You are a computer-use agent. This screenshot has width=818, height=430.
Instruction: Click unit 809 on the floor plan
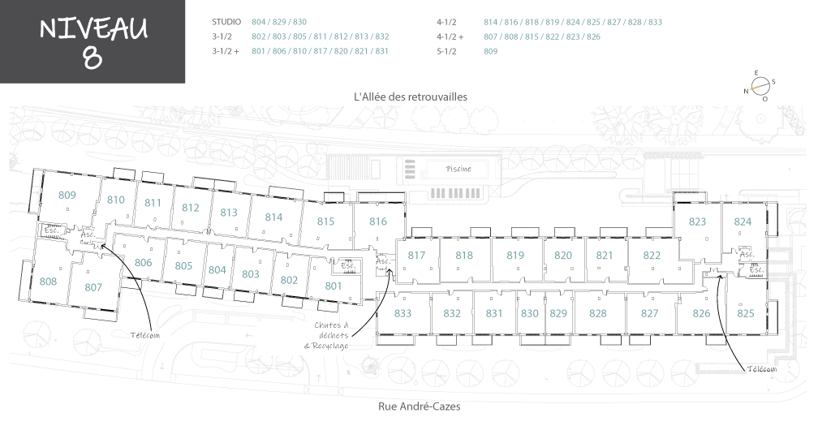click(x=67, y=196)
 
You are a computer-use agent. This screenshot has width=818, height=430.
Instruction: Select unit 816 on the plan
click(x=377, y=221)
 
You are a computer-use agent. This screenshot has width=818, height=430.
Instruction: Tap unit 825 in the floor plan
click(x=746, y=313)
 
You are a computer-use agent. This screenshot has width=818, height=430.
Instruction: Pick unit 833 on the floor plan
click(x=403, y=313)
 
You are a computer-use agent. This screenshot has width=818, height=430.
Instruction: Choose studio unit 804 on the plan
click(x=217, y=270)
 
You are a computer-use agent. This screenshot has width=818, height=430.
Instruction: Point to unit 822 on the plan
click(x=652, y=256)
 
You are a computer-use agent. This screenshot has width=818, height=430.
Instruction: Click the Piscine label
click(x=459, y=169)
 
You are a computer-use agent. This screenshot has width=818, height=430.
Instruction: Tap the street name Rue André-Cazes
click(x=420, y=406)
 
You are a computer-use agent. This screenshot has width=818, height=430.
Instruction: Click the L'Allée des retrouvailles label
click(x=411, y=97)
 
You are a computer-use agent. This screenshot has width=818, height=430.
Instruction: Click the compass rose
click(x=760, y=85)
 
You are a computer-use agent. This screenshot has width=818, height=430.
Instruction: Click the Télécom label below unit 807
click(x=145, y=335)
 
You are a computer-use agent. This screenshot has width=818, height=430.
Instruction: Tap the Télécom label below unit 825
click(x=762, y=369)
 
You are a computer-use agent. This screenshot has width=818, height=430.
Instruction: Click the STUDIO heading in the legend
click(x=226, y=22)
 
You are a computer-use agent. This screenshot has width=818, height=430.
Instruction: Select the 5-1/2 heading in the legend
click(x=446, y=51)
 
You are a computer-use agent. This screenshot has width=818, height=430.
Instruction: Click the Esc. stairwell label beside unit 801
click(x=348, y=265)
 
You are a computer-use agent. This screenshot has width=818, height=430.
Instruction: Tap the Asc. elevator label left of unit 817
click(x=383, y=260)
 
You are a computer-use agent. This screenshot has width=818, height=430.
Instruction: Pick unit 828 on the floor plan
click(x=598, y=313)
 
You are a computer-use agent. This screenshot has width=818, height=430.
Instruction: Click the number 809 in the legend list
click(x=490, y=51)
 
